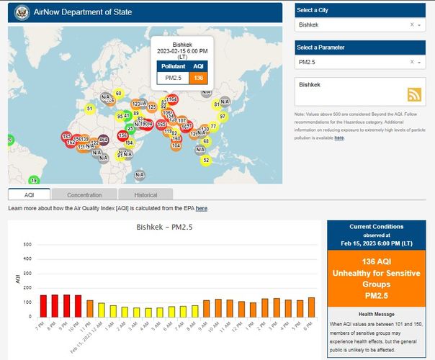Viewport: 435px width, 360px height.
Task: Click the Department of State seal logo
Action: (x=19, y=12)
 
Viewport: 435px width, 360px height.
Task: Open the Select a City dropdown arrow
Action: (x=419, y=24)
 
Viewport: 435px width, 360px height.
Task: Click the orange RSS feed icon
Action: (x=413, y=94)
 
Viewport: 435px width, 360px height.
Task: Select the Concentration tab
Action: (x=84, y=195)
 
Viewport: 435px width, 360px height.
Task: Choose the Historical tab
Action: (x=145, y=195)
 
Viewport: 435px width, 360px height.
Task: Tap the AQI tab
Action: (x=30, y=195)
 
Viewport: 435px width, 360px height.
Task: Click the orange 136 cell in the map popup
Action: (x=197, y=78)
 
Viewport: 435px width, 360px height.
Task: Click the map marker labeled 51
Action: (x=89, y=109)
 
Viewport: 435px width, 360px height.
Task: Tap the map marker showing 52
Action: (x=206, y=160)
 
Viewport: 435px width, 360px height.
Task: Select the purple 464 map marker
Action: (x=104, y=140)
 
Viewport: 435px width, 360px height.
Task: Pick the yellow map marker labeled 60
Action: (x=118, y=94)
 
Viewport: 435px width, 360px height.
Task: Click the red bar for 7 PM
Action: (x=43, y=306)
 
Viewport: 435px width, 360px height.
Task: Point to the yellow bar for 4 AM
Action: (x=148, y=312)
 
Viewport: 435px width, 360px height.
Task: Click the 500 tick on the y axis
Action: (x=27, y=245)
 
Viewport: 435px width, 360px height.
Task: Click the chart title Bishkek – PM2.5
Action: (x=170, y=228)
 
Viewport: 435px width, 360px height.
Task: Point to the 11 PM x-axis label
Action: (x=86, y=325)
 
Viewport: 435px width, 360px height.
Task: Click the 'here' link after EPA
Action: (x=202, y=208)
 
